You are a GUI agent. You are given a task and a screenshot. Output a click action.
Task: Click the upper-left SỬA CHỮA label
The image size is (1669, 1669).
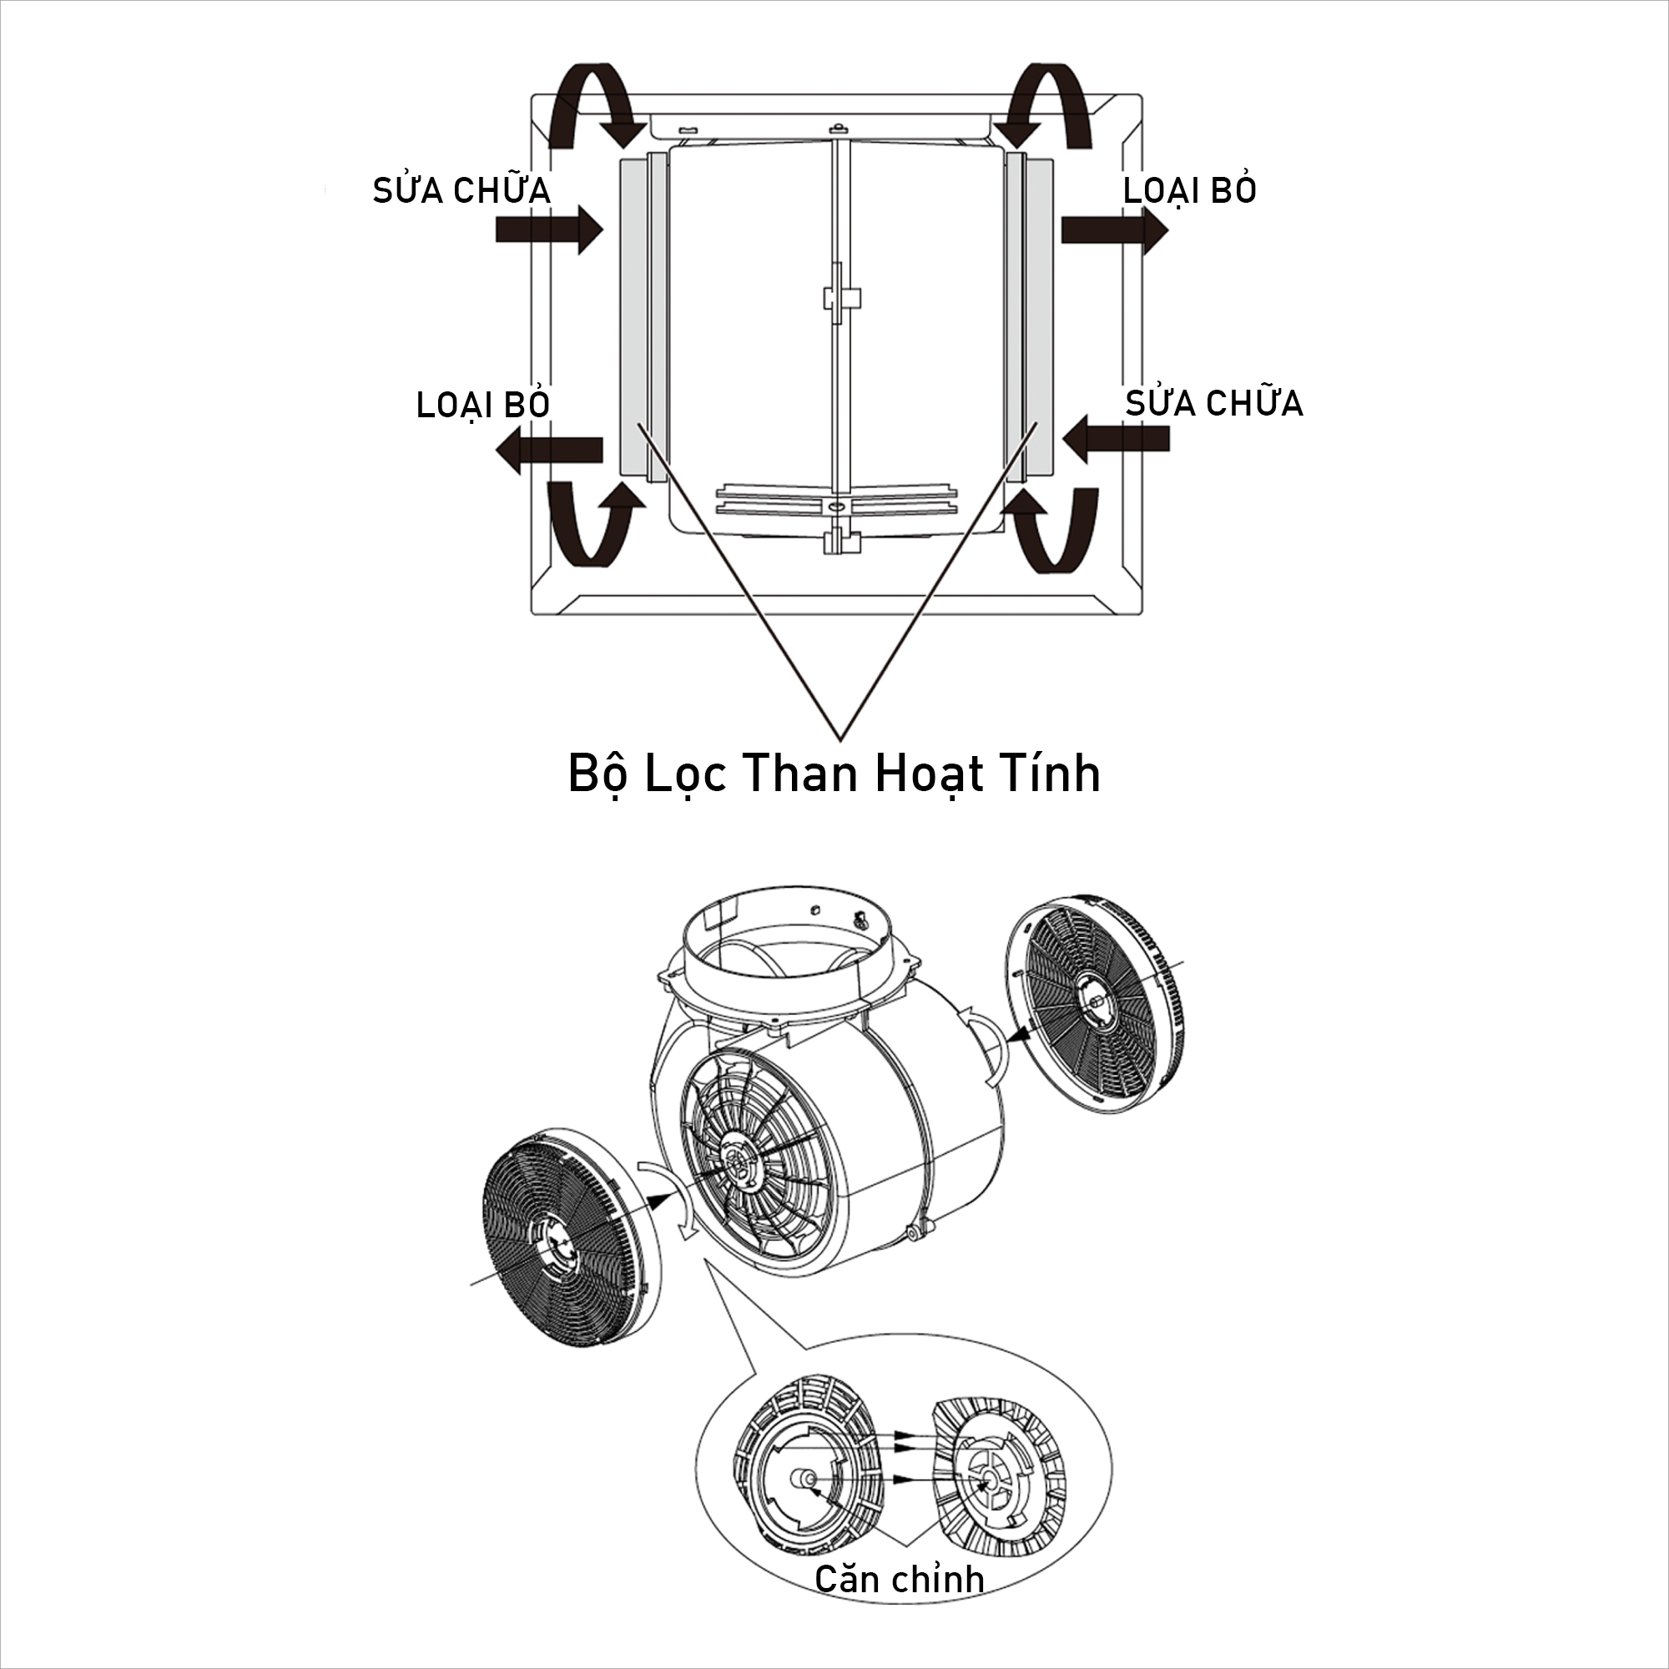[461, 189]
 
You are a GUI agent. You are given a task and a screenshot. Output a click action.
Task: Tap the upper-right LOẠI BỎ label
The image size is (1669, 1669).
[1189, 189]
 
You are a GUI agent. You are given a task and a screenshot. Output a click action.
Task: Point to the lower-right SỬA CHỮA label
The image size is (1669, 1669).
[1213, 402]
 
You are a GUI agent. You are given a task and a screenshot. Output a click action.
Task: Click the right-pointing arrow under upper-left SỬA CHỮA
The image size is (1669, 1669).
[549, 229]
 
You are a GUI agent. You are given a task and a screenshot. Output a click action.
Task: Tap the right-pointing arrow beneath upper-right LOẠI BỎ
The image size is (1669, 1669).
[1114, 229]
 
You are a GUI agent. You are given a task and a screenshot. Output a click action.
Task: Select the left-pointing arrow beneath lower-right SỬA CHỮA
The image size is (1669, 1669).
[1115, 439]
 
